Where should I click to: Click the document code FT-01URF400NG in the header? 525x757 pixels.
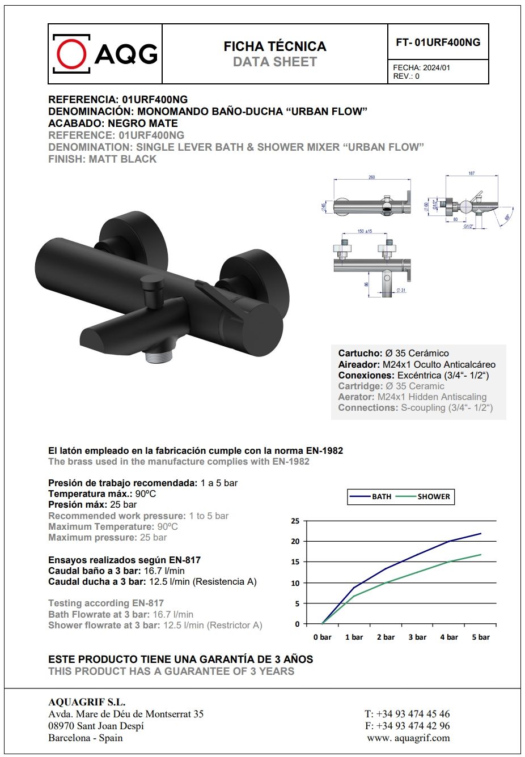pyautogui.click(x=438, y=42)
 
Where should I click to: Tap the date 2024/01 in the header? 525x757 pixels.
pyautogui.click(x=436, y=67)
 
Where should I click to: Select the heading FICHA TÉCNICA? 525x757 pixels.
pyautogui.click(x=275, y=46)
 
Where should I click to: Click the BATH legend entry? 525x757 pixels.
pyautogui.click(x=381, y=497)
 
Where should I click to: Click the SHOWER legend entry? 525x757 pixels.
pyautogui.click(x=433, y=497)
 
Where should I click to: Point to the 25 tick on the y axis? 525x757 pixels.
pyautogui.click(x=295, y=521)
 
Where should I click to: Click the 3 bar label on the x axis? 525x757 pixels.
pyautogui.click(x=417, y=637)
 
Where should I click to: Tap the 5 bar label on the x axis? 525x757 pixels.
pyautogui.click(x=481, y=637)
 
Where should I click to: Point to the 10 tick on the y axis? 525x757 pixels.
pyautogui.click(x=295, y=583)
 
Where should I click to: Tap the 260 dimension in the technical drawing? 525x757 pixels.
pyautogui.click(x=372, y=177)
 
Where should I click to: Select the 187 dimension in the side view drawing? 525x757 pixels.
pyautogui.click(x=471, y=173)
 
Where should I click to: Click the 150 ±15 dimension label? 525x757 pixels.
pyautogui.click(x=365, y=231)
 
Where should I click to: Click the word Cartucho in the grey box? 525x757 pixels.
pyautogui.click(x=360, y=354)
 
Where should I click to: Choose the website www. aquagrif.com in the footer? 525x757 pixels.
pyautogui.click(x=408, y=738)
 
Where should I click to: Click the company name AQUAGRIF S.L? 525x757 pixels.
pyautogui.click(x=87, y=702)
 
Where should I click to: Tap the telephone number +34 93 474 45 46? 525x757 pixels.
pyautogui.click(x=413, y=714)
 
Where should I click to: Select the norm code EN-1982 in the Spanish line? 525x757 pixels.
pyautogui.click(x=324, y=451)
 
